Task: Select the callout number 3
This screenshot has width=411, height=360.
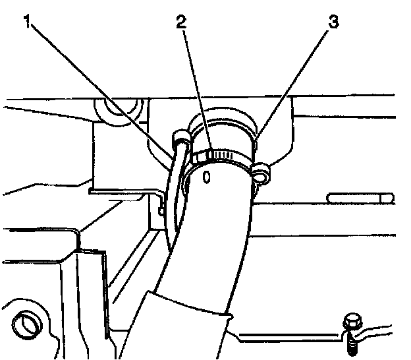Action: [333, 22]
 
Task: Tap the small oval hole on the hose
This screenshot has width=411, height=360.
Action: [207, 176]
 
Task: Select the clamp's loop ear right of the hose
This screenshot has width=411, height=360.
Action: [261, 174]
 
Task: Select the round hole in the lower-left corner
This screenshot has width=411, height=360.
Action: [27, 324]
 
